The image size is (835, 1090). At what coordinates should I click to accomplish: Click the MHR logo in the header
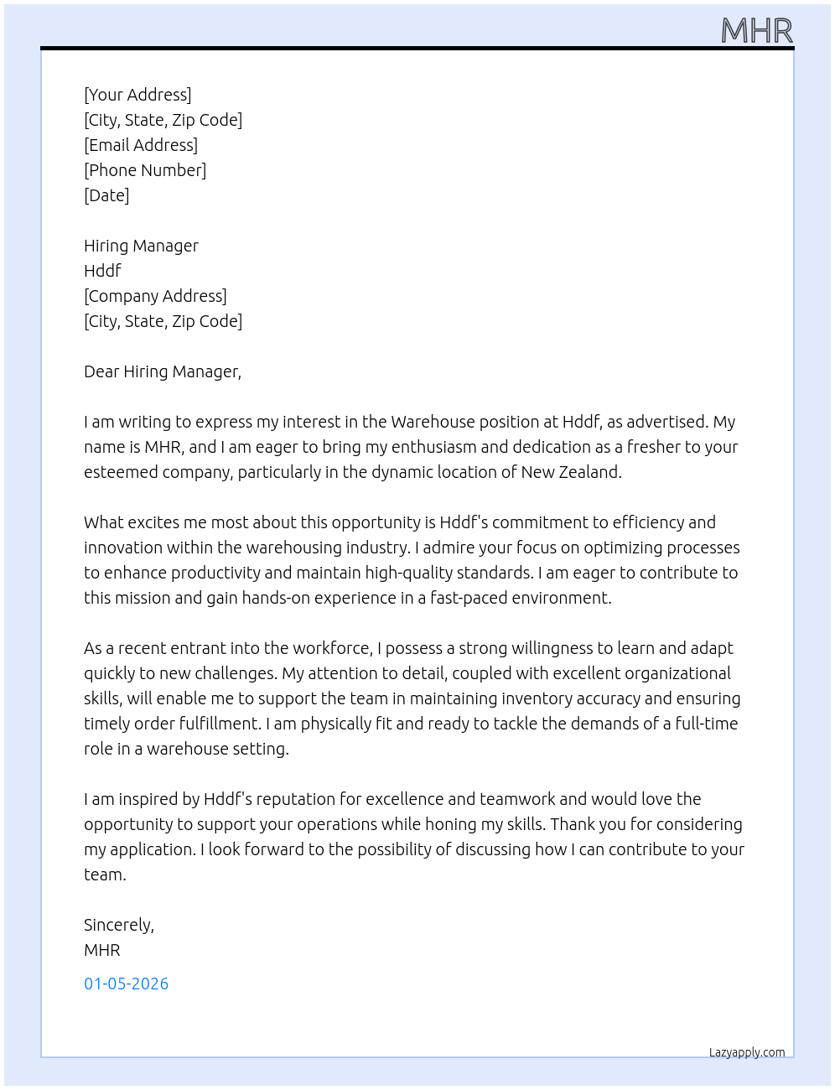click(x=756, y=31)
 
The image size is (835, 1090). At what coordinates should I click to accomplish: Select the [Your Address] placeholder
click(x=137, y=95)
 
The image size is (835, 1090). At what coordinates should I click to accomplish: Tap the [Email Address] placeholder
click(x=141, y=145)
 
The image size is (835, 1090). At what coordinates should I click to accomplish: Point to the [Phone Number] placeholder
click(x=145, y=170)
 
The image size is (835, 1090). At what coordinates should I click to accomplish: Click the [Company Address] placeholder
click(x=155, y=296)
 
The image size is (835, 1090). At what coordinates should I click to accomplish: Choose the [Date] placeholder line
click(x=106, y=195)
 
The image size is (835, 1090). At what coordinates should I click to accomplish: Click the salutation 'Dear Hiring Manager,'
click(x=163, y=371)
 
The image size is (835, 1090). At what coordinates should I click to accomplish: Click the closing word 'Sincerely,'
click(x=119, y=925)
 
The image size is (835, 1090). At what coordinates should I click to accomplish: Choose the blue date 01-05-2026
click(x=127, y=984)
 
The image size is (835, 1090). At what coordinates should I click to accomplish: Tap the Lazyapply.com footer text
click(x=747, y=1052)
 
